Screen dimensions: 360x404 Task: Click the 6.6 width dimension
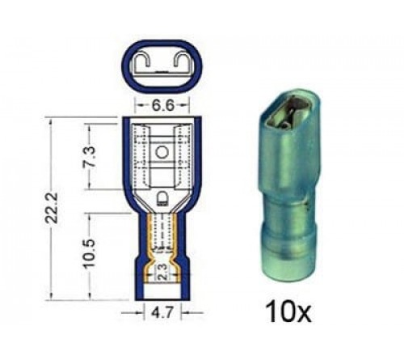tap(162, 106)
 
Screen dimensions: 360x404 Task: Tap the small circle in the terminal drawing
tap(162, 151)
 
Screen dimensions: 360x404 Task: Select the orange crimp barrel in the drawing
tap(162, 243)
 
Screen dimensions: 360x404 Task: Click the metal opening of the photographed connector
tap(284, 118)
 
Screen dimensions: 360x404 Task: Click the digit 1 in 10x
tap(273, 308)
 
